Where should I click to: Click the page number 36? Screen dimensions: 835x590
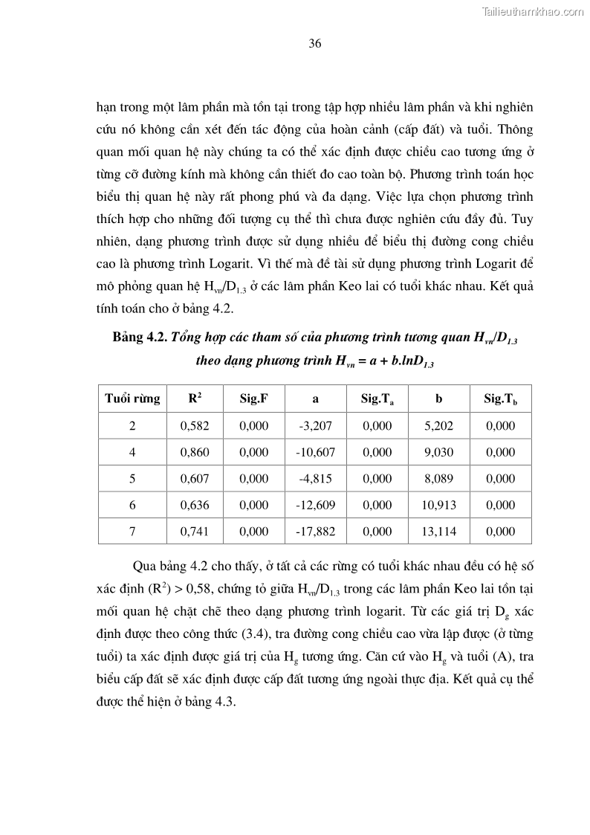[314, 43]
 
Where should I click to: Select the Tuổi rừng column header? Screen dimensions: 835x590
[132, 399]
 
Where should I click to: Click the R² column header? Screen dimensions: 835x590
[195, 399]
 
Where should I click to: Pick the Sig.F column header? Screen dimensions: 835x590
[253, 399]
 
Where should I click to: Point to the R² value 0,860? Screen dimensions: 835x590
[195, 452]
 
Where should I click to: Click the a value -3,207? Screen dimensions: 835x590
[315, 426]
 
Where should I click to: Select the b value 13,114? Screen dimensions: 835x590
[438, 531]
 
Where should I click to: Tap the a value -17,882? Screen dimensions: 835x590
[315, 531]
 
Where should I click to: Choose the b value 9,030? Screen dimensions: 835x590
[438, 452]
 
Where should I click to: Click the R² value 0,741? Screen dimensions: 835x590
[195, 531]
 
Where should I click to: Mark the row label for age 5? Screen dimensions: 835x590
[132, 479]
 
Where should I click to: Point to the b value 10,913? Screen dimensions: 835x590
[438, 505]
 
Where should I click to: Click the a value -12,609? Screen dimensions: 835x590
[315, 505]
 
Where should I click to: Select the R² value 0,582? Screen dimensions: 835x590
[195, 426]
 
